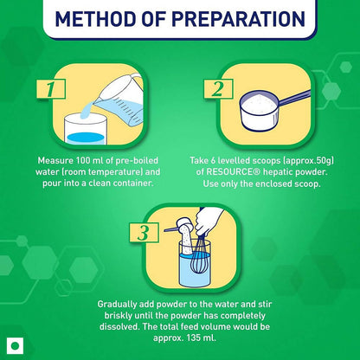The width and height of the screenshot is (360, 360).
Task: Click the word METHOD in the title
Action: click(94, 19)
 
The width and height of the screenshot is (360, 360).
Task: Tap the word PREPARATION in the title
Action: click(238, 19)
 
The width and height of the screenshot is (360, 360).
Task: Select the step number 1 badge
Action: click(51, 89)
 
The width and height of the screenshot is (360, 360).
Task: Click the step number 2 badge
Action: click(218, 89)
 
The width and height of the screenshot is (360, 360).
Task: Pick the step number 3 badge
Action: click(144, 233)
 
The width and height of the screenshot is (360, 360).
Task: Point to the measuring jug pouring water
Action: click(121, 100)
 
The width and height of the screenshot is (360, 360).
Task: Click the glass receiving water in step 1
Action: click(86, 129)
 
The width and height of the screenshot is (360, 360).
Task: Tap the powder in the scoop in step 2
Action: click(259, 101)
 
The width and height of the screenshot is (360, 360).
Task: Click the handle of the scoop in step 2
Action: click(294, 98)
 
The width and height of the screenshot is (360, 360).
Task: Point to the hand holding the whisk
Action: click(209, 221)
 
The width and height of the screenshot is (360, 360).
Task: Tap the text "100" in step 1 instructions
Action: click(83, 160)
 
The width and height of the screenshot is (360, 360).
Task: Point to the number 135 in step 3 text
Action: click(194, 337)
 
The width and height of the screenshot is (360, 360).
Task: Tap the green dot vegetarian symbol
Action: click(15, 345)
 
